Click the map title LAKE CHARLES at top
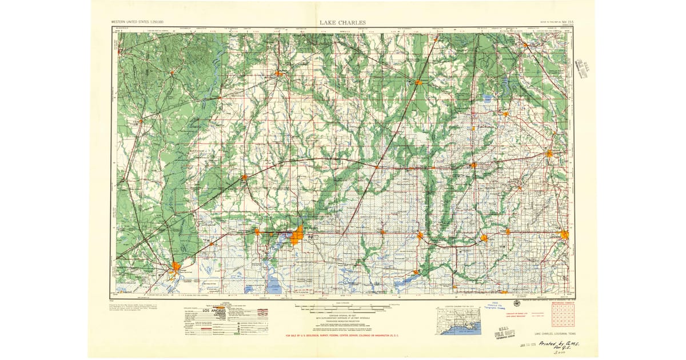(343, 23)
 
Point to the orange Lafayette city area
(565, 234)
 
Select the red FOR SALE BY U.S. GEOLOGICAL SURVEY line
(366, 335)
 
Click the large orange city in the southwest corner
(176, 266)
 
